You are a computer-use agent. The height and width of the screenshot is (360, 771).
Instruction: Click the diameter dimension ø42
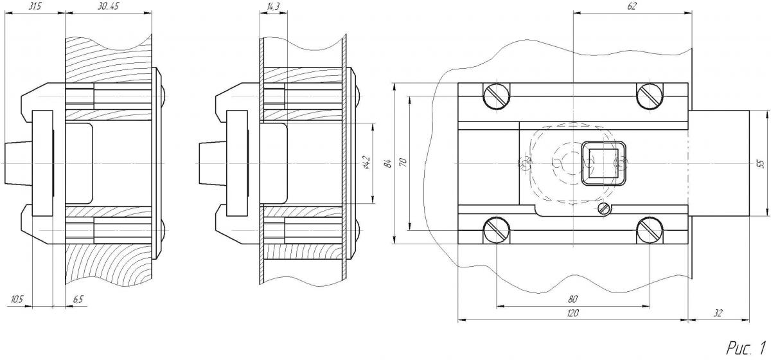(x=366, y=163)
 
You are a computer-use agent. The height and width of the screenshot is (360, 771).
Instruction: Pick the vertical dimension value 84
(x=387, y=163)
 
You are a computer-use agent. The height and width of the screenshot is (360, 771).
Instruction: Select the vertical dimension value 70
(x=403, y=163)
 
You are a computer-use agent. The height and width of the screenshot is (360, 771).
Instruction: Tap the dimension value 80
(x=572, y=298)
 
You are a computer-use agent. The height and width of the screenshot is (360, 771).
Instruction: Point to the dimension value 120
(x=572, y=313)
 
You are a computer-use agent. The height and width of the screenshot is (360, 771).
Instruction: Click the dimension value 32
(x=718, y=313)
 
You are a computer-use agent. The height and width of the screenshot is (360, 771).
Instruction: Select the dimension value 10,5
(x=17, y=300)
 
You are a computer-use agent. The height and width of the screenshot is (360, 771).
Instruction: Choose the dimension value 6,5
(x=77, y=300)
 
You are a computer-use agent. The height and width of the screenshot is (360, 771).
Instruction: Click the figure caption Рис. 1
(x=746, y=348)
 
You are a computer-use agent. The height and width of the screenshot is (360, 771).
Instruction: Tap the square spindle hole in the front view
(x=603, y=163)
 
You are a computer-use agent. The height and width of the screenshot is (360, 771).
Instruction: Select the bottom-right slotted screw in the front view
(x=649, y=230)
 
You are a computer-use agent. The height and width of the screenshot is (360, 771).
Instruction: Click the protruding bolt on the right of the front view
(x=720, y=163)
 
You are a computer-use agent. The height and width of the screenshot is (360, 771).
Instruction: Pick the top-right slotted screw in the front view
(x=649, y=96)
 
